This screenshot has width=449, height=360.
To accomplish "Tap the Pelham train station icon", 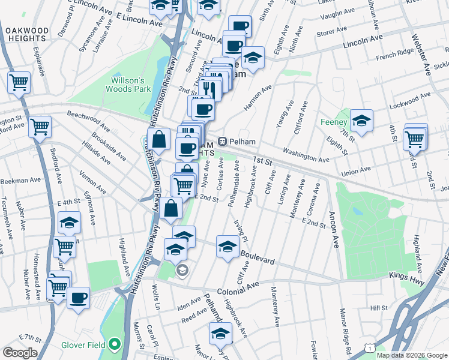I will click(222, 142).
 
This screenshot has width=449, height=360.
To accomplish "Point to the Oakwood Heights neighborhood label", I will click(26, 35).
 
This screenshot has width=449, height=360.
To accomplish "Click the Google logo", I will click(20, 353).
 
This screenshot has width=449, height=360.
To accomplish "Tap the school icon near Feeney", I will click(361, 121).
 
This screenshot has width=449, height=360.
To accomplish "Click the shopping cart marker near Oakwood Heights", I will click(19, 82).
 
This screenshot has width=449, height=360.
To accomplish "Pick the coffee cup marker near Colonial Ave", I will click(77, 298).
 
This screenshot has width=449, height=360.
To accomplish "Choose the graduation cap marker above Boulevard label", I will click(228, 246).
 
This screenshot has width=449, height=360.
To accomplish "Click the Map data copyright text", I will click(412, 355).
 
